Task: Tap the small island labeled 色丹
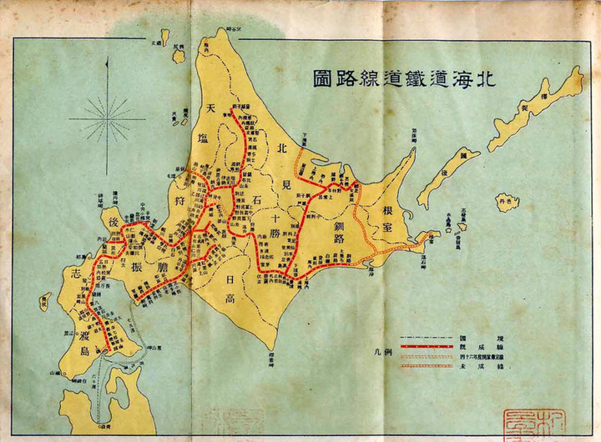(x=503, y=201)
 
